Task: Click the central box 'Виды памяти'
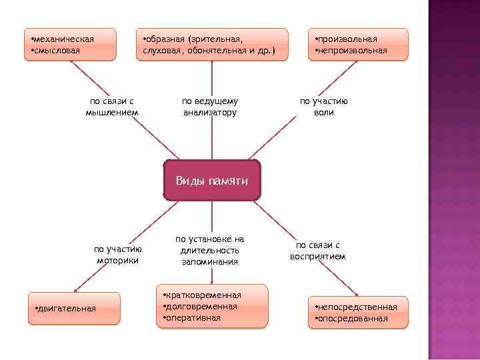212,181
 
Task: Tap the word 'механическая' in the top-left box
65,39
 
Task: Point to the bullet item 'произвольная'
348,39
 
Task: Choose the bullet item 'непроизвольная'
353,50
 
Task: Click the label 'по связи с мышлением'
112,107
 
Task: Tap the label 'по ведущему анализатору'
210,107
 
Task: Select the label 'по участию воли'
324,107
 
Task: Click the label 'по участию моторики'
117,255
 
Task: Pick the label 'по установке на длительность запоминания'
210,250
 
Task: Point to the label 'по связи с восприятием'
318,251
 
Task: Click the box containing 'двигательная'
74,308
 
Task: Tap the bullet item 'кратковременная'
204,295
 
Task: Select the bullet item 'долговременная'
202,306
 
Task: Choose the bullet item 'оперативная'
193,317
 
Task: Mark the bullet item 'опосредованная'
353,318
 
